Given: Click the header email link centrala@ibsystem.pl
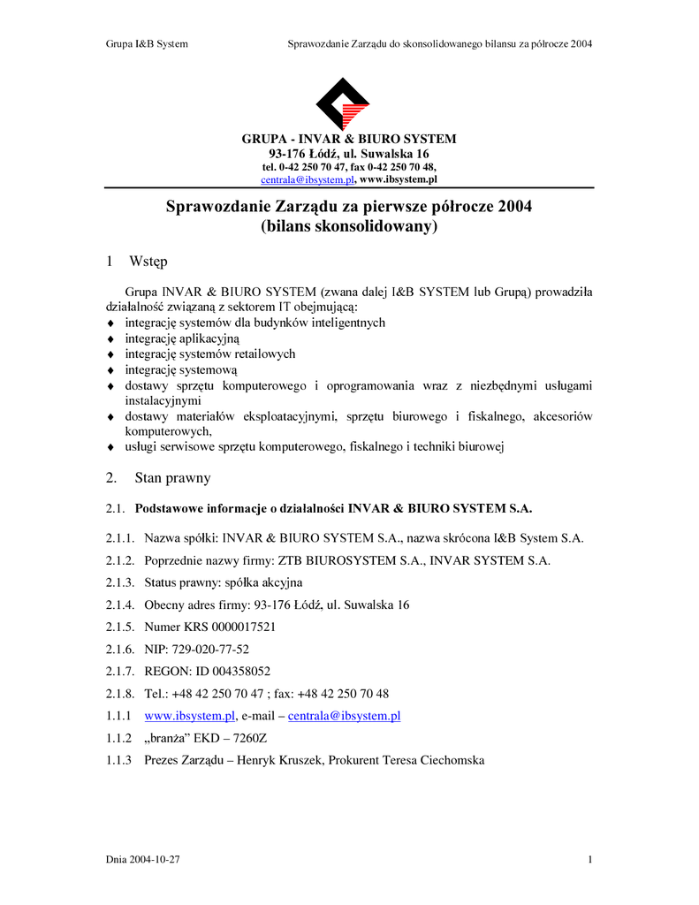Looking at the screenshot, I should (x=307, y=179).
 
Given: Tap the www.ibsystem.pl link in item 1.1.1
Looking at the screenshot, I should (x=189, y=716).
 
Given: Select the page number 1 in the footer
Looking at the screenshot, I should (x=589, y=860).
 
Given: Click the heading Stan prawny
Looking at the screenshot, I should (x=172, y=478).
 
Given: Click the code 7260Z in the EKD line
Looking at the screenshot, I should (x=234, y=738).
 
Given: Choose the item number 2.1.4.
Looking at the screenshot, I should (x=119, y=605).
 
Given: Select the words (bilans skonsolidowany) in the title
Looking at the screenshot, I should (x=349, y=227).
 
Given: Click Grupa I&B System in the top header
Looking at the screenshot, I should (x=147, y=43).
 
